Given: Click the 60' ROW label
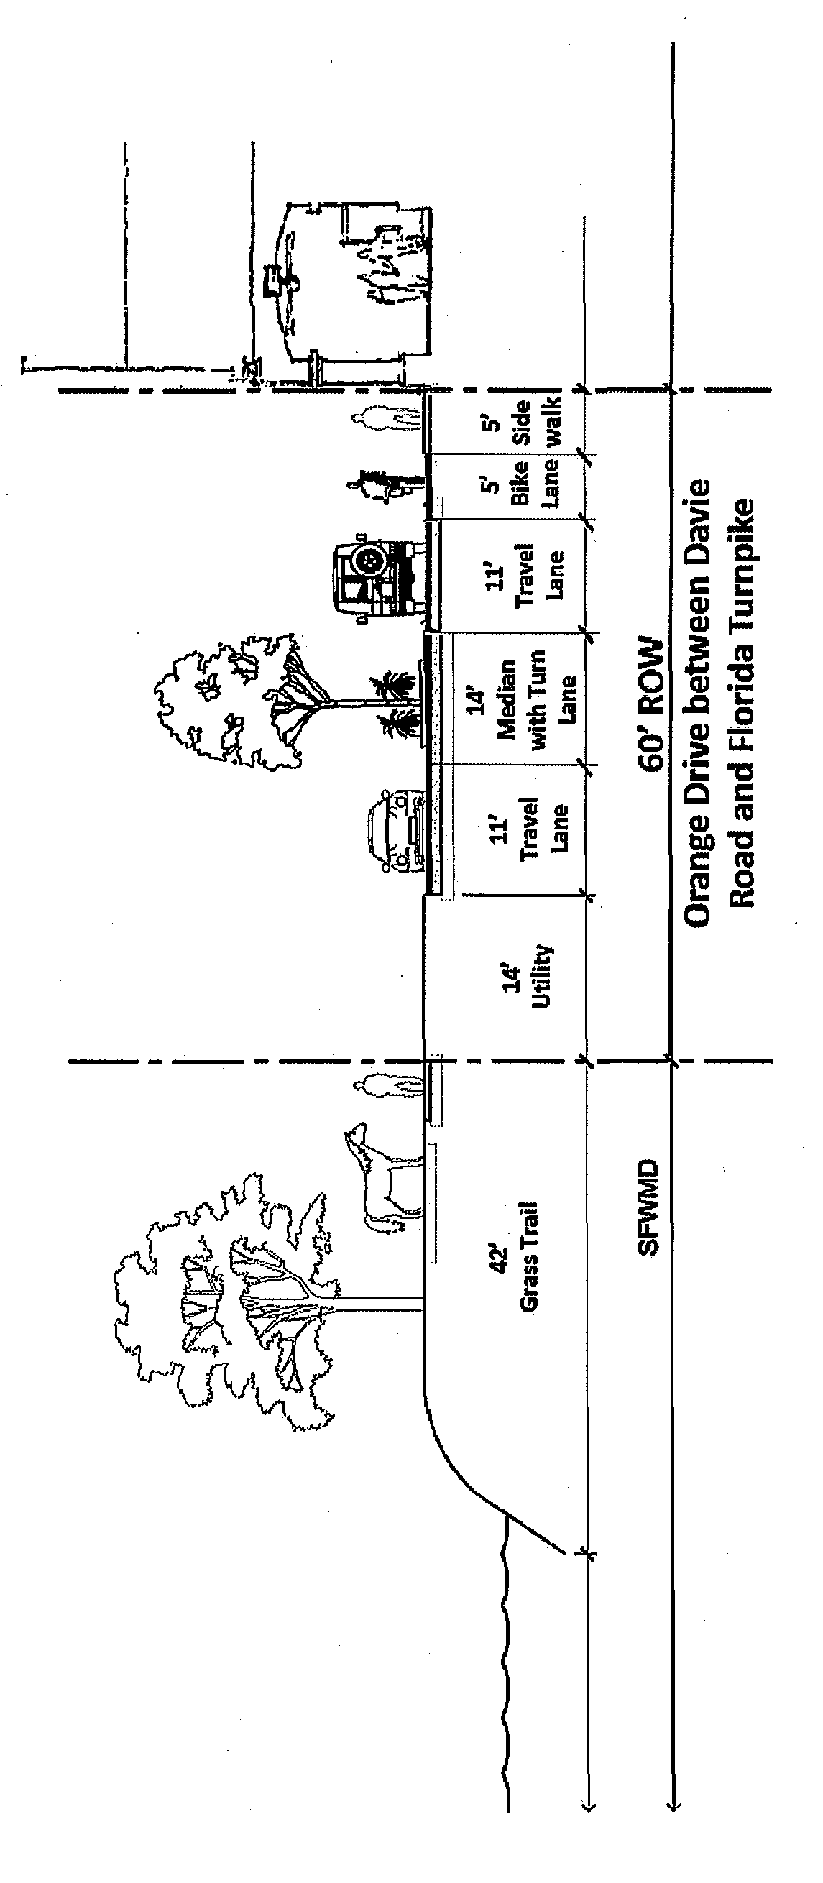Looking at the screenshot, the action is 650,705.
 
